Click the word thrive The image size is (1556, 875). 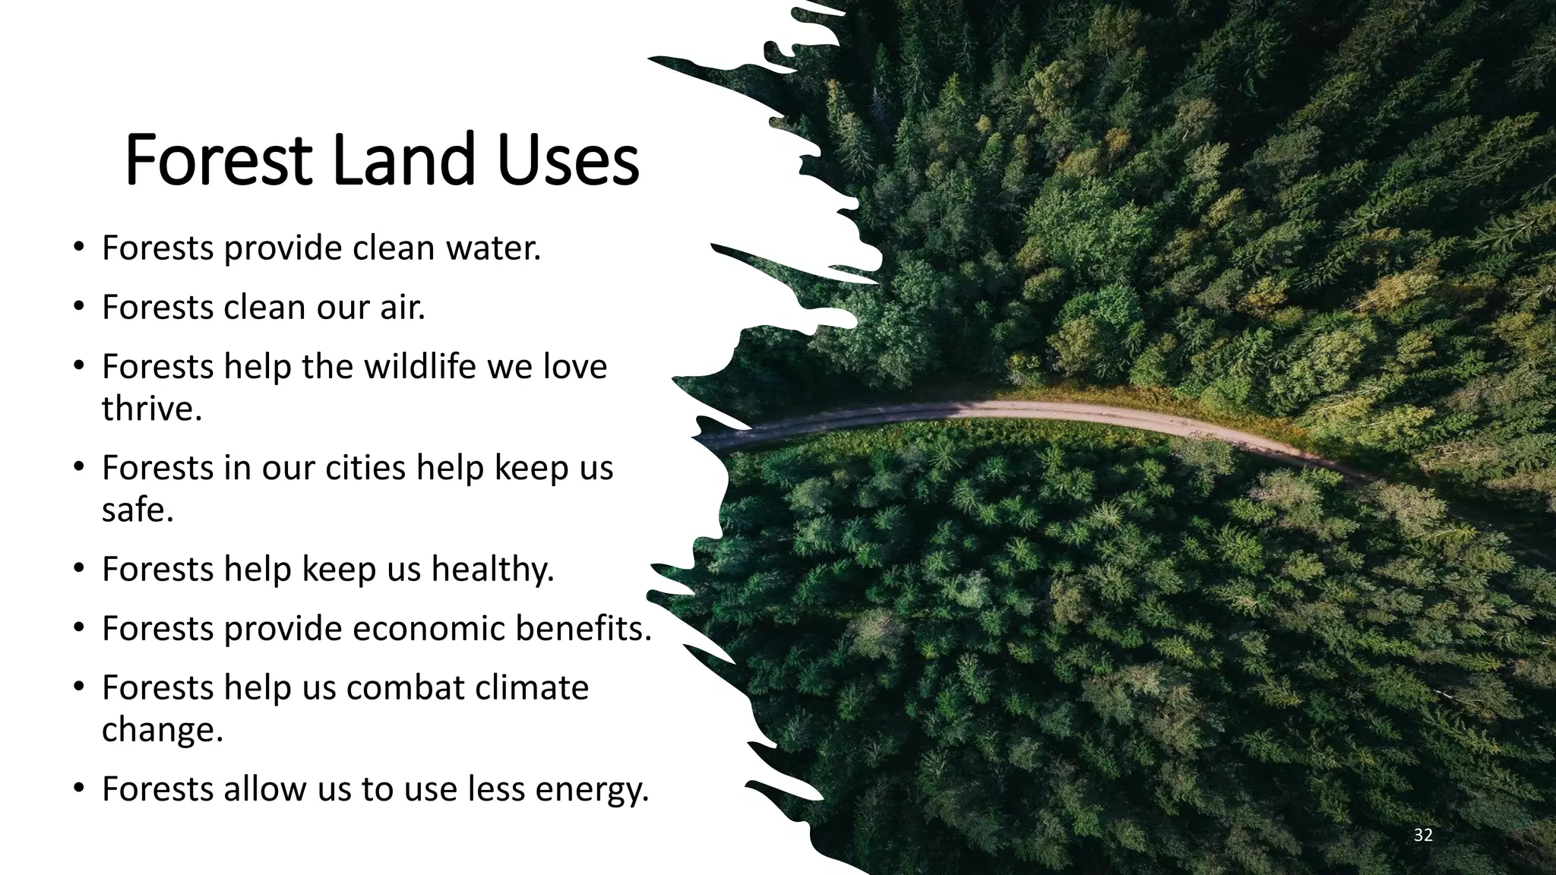click(x=151, y=409)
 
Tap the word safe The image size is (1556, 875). click(x=137, y=510)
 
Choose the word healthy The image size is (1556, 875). click(x=492, y=570)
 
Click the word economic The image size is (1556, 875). click(x=429, y=629)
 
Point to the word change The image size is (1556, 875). click(x=162, y=730)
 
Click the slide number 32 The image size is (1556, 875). click(x=1423, y=836)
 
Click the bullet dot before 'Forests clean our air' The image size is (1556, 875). click(x=78, y=308)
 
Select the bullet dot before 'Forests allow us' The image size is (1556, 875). click(x=78, y=789)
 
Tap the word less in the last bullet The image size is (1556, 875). click(x=498, y=789)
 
